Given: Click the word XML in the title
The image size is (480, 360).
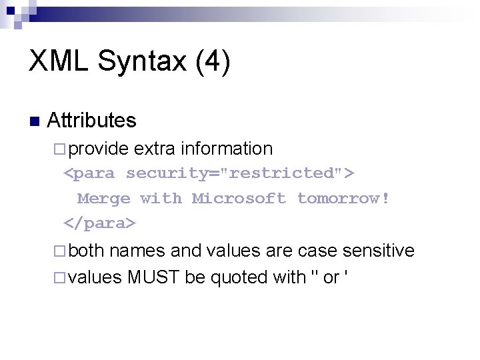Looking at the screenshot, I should pyautogui.click(x=58, y=61).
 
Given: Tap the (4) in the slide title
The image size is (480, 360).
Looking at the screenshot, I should pyautogui.click(x=212, y=62).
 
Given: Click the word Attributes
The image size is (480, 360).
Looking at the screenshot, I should pyautogui.click(x=91, y=121).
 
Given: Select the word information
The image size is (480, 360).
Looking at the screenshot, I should pyautogui.click(x=227, y=148).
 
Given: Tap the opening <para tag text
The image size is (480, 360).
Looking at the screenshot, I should pyautogui.click(x=89, y=174).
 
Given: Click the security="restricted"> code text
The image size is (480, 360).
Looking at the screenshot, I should pyautogui.click(x=240, y=173).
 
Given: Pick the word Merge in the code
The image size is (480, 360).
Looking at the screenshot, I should pyautogui.click(x=103, y=199).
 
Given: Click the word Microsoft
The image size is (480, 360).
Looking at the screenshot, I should pyautogui.click(x=239, y=198).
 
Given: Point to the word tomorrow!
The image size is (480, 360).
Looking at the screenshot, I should pyautogui.click(x=343, y=198).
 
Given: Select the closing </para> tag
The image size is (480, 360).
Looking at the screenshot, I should pyautogui.click(x=99, y=223).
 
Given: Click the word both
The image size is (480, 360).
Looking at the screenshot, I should pyautogui.click(x=86, y=251).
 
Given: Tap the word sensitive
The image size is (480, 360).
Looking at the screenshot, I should pyautogui.click(x=378, y=251).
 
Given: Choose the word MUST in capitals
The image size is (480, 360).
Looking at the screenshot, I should pyautogui.click(x=153, y=277).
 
